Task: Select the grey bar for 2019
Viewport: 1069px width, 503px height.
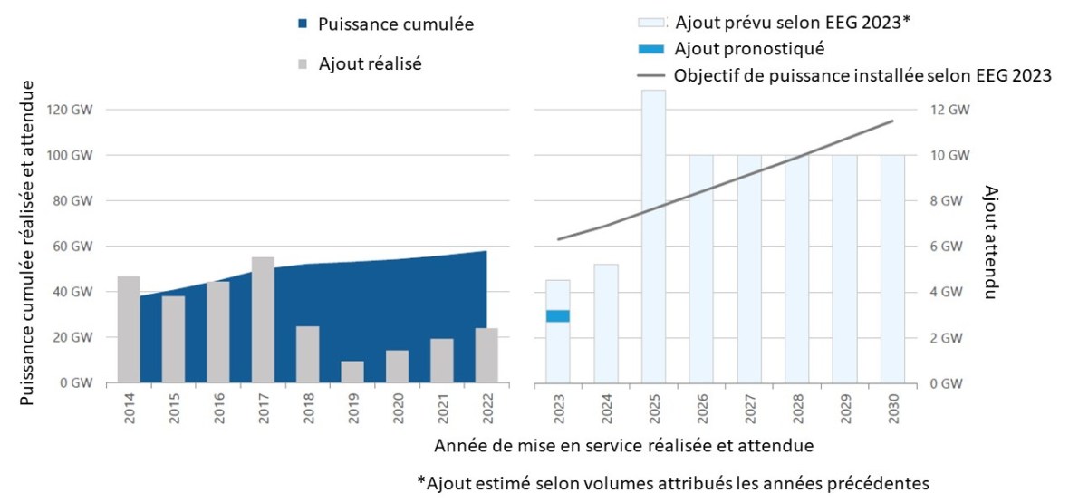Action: click(352, 372)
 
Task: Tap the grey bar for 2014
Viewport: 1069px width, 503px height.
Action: click(129, 329)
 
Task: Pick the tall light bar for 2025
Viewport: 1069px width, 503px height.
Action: click(653, 236)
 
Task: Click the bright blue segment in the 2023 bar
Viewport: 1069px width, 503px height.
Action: click(558, 315)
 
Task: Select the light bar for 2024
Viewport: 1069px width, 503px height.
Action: click(606, 323)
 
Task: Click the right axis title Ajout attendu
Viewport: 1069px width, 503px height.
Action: click(990, 243)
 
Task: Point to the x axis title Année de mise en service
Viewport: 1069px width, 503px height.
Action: click(623, 446)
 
